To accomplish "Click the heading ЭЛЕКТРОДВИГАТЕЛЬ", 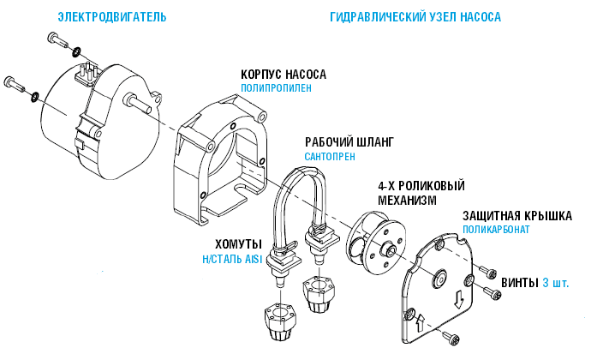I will (111, 17).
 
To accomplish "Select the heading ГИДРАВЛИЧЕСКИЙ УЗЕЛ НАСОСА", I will (415, 17).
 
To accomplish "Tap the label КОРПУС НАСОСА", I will (283, 74).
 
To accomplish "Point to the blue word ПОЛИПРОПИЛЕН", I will (276, 87).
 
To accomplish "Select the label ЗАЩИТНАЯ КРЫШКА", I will (517, 215).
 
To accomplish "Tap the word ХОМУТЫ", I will (225, 245).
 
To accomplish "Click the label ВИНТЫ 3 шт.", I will (534, 282).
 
